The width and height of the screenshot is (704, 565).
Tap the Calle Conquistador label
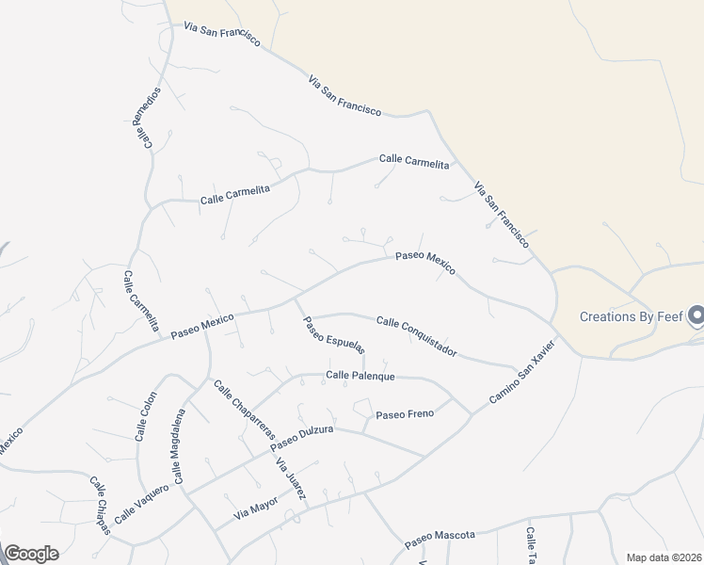[416, 336]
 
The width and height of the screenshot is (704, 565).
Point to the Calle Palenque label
[360, 376]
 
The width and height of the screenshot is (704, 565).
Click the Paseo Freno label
[405, 414]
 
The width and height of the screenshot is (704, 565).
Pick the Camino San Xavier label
[523, 373]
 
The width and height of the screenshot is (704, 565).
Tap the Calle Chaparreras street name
[243, 410]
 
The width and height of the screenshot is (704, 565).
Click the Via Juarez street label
[291, 477]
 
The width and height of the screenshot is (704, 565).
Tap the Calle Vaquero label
[141, 505]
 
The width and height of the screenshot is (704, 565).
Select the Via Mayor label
[255, 507]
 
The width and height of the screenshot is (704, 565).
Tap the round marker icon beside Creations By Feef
[696, 315]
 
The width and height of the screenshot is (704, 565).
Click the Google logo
[31, 553]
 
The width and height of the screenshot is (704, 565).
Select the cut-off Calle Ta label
[531, 545]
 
